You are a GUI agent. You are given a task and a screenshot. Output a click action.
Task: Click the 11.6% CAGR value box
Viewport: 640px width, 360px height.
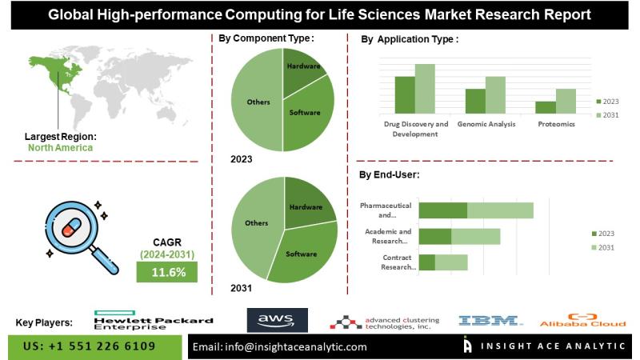(x=168, y=272)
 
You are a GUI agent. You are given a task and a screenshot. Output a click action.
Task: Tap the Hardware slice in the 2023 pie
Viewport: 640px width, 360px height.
(x=302, y=70)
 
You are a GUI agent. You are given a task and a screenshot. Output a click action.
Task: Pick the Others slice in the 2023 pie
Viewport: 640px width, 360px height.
(x=256, y=102)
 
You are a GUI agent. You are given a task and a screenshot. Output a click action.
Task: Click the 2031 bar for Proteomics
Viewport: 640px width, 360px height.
(x=566, y=100)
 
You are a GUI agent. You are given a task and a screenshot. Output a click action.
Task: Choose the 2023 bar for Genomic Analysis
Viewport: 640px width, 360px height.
(x=475, y=100)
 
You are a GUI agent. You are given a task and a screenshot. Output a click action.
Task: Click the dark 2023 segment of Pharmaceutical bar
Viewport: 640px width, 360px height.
(x=442, y=210)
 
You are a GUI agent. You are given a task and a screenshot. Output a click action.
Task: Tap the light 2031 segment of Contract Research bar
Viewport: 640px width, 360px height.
(x=451, y=262)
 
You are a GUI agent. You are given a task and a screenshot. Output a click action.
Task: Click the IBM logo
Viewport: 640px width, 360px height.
(x=490, y=321)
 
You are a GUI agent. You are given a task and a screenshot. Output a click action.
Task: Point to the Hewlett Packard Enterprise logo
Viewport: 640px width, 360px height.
(x=153, y=320)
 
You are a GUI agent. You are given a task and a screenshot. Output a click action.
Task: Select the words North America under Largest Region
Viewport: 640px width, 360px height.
(x=60, y=147)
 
